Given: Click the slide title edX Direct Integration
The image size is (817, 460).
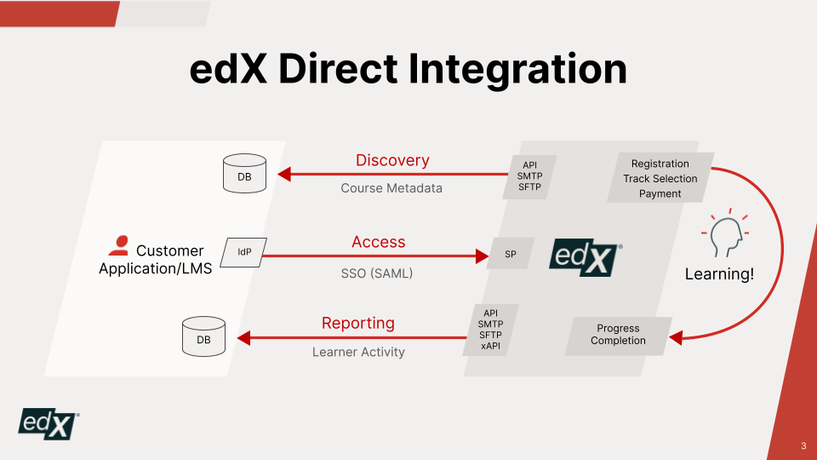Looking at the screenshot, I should [408, 70].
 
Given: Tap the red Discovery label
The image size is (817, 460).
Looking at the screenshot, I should [392, 160].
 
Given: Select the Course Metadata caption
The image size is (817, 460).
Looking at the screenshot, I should [391, 188].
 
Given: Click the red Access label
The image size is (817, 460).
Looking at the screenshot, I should [379, 242].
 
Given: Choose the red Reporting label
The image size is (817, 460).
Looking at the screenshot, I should [358, 323].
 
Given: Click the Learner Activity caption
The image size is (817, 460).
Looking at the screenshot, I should [358, 352].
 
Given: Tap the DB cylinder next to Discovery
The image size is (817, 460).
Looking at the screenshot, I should [244, 174].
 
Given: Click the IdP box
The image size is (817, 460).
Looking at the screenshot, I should [243, 252].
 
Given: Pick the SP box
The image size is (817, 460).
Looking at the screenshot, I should [511, 254].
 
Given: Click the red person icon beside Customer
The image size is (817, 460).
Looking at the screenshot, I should [119, 246].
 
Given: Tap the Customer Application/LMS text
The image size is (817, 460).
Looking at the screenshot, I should [156, 259].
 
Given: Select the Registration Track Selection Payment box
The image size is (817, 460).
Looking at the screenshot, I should [660, 179].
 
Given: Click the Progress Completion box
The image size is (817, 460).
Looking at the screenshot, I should [619, 335].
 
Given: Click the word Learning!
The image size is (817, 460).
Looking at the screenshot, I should [719, 275].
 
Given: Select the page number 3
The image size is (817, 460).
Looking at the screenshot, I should [803, 446].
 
